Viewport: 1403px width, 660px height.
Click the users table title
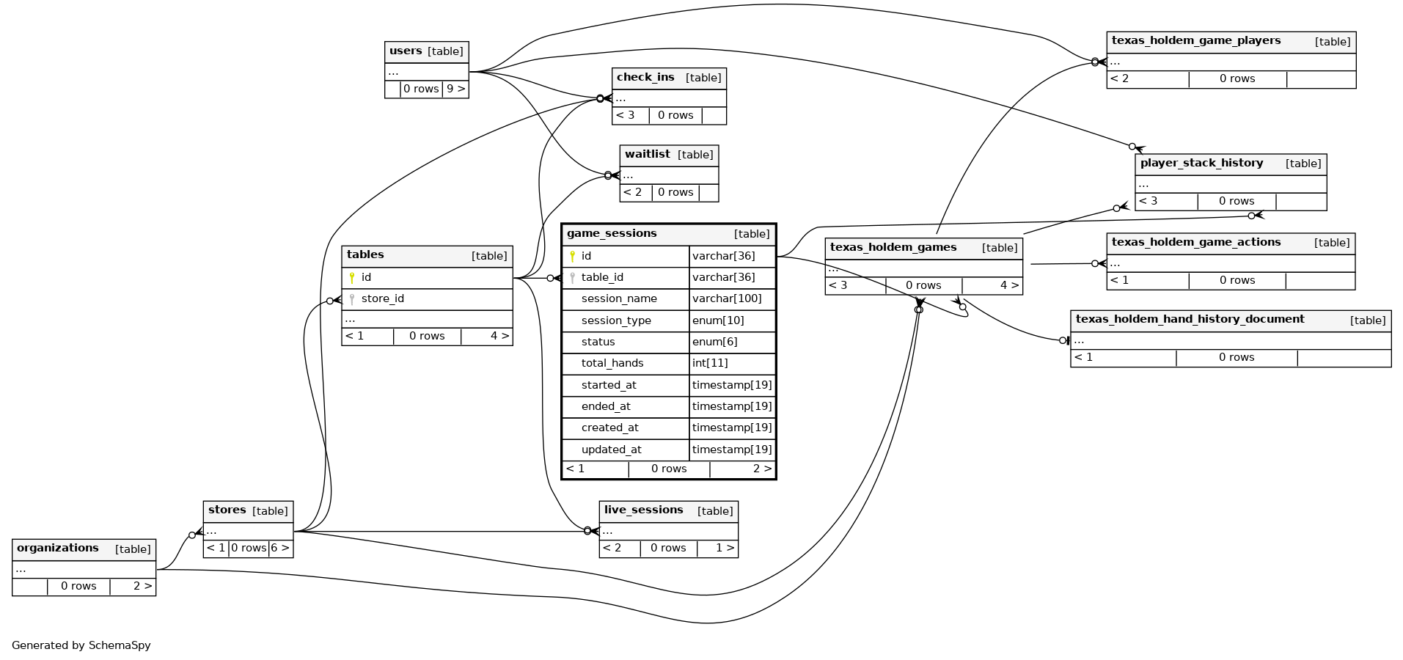(x=406, y=51)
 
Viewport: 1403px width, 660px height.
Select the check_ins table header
(x=645, y=78)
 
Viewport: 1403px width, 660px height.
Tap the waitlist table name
(x=647, y=155)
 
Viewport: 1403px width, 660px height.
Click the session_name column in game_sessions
(x=618, y=299)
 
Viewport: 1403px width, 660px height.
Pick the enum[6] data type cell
(x=714, y=342)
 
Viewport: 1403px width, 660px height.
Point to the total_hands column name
(x=612, y=363)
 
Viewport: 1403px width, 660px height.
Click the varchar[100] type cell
(x=726, y=299)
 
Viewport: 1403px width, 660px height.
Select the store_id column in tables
(x=382, y=299)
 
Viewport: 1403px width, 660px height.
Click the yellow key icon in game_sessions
(x=572, y=256)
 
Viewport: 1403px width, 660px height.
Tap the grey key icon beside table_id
(x=572, y=278)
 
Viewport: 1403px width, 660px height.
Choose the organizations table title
(x=57, y=549)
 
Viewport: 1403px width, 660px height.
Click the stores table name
(x=227, y=510)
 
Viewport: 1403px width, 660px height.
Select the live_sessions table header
(x=643, y=510)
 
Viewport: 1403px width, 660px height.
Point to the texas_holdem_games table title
(x=893, y=248)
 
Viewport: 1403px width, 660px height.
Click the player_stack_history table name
(x=1201, y=164)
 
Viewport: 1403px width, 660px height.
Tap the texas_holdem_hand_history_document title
(x=1190, y=320)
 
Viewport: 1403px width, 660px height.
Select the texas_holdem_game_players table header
(x=1195, y=41)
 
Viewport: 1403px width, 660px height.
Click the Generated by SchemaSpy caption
(x=81, y=645)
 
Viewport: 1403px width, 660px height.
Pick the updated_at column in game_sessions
(x=611, y=450)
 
